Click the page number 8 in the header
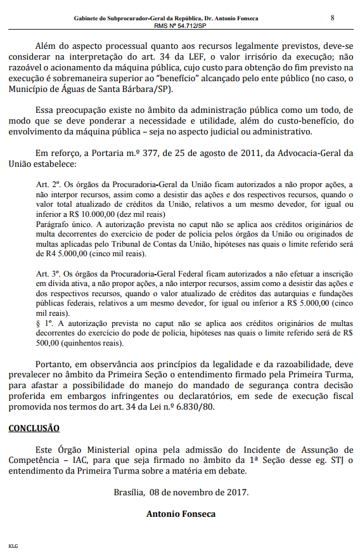coord(332,17)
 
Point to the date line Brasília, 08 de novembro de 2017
coord(180,491)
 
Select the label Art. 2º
coord(46,183)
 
